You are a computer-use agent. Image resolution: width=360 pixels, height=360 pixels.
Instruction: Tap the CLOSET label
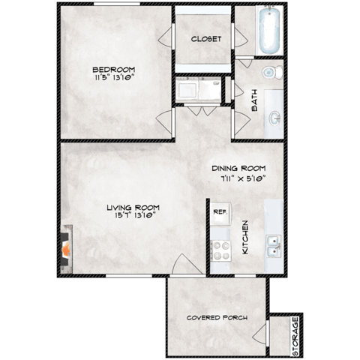(205, 39)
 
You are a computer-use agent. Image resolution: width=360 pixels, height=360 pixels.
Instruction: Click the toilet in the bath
(272, 72)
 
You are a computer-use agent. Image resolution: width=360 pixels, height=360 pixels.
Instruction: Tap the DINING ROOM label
(238, 168)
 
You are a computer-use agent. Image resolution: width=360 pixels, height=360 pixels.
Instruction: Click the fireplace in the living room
(66, 244)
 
